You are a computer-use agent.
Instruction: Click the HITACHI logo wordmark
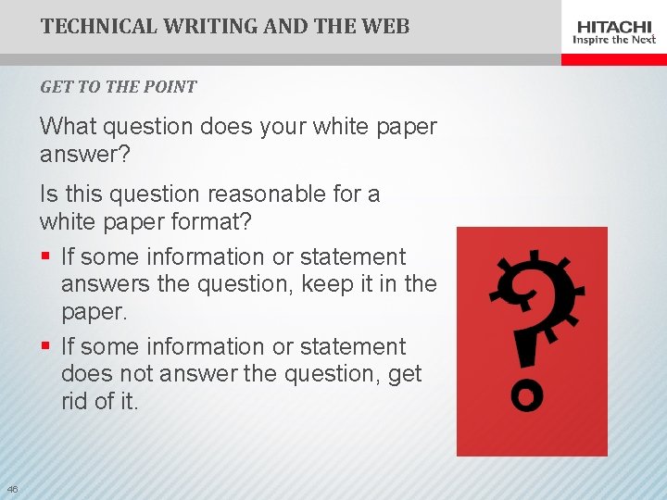(x=614, y=26)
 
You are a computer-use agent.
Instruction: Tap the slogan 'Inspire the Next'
(x=614, y=40)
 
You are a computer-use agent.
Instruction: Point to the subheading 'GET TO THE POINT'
(x=119, y=87)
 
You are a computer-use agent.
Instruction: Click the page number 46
(x=12, y=489)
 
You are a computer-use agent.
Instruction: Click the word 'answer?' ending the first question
(x=85, y=153)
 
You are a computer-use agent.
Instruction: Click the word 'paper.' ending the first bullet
(x=94, y=311)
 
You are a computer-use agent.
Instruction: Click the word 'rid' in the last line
(x=76, y=401)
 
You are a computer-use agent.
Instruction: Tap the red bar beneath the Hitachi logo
(x=614, y=58)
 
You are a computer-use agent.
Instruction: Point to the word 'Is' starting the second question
(x=48, y=194)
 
